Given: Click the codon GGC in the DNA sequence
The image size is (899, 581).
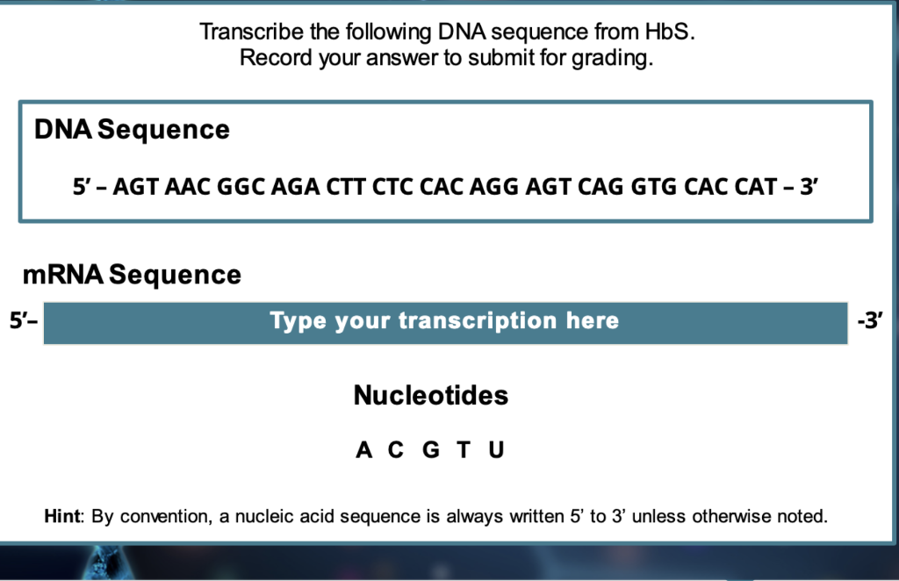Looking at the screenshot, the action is [x=241, y=187].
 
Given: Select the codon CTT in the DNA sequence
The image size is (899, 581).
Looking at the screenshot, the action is [x=346, y=187].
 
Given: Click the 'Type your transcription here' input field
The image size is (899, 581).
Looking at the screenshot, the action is [x=445, y=323].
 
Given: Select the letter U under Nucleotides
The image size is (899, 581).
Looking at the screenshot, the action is [x=497, y=449].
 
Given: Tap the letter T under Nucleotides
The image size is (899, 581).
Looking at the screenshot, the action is [x=464, y=449].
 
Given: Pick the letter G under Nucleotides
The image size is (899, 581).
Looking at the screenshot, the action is [x=431, y=449].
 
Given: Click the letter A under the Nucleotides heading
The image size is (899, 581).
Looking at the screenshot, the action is [x=364, y=449].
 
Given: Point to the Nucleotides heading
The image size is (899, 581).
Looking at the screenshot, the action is [x=430, y=395].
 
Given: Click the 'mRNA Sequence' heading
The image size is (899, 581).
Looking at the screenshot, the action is [x=132, y=275].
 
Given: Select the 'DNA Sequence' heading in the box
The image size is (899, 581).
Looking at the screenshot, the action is [x=132, y=130].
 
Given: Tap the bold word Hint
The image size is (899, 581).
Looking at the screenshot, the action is [x=62, y=516].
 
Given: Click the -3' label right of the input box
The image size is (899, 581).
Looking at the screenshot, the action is [x=870, y=320].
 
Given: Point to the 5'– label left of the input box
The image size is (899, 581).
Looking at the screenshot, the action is [x=24, y=320].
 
